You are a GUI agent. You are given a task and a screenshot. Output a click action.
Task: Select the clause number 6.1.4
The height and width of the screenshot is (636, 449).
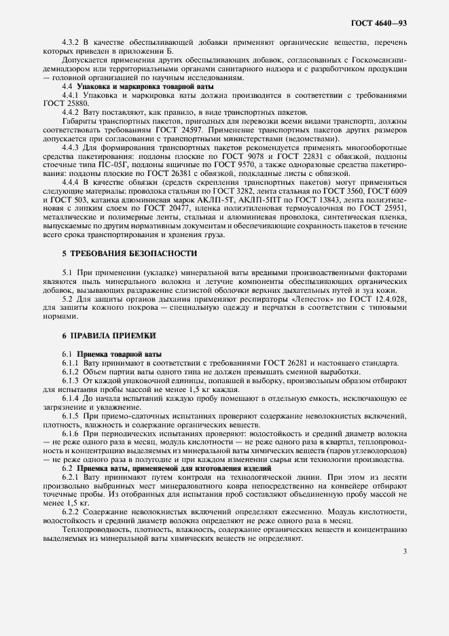(x=73, y=395)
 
